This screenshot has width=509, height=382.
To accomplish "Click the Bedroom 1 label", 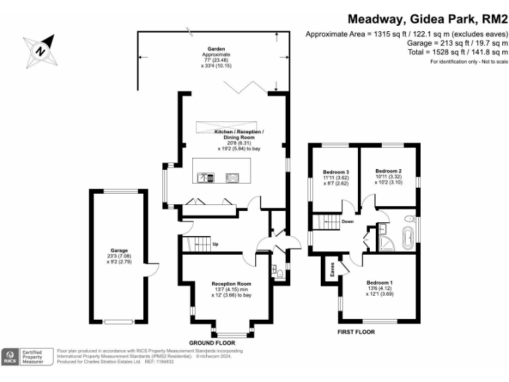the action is tap(380, 281).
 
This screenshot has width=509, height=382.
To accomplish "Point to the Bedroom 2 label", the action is tap(388, 170).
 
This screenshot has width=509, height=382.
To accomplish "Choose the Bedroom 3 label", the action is tap(336, 172).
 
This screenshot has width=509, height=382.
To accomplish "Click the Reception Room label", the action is tap(227, 283).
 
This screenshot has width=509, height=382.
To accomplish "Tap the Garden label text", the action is tap(216, 48).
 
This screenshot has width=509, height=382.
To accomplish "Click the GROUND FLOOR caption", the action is tap(212, 343).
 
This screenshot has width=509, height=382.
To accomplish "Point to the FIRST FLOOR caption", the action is tap(356, 330).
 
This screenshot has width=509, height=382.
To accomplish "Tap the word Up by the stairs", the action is tap(215, 244).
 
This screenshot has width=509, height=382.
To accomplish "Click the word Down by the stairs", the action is tap(347, 222).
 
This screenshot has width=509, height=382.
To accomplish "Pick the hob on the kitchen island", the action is tap(232, 177).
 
